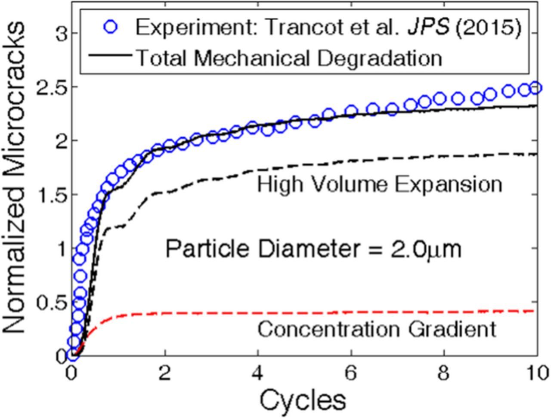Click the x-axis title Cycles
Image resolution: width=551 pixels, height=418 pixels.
(303, 399)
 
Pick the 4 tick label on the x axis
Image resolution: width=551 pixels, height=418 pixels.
(257, 372)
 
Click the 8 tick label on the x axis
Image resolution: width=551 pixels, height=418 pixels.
(444, 372)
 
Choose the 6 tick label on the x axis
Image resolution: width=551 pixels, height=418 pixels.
(351, 372)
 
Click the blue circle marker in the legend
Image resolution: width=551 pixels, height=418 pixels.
(111, 28)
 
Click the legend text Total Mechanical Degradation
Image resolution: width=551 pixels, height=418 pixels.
(288, 57)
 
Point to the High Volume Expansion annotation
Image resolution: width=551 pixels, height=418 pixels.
(379, 185)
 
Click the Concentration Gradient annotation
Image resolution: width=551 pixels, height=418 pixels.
(377, 329)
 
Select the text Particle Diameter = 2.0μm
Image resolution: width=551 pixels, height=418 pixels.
(313, 249)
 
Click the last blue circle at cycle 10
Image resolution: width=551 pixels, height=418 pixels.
(535, 88)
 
